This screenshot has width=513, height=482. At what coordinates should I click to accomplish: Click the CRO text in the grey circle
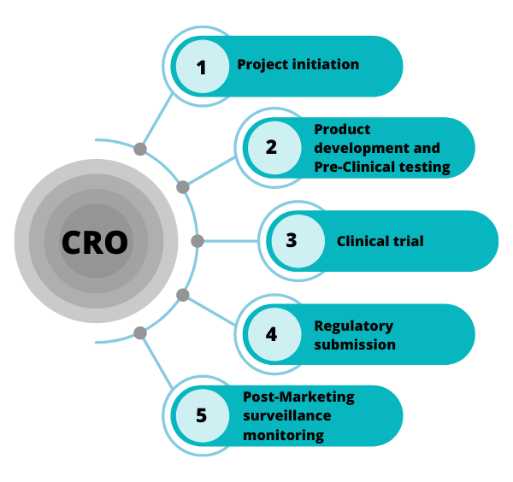[95, 243]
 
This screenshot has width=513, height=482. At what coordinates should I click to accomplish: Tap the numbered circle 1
[202, 66]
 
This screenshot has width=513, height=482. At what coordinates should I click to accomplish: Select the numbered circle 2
[271, 147]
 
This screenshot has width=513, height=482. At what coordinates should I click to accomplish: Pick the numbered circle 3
[292, 240]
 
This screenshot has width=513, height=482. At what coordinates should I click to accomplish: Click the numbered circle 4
[271, 333]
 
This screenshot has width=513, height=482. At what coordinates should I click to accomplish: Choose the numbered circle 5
[202, 415]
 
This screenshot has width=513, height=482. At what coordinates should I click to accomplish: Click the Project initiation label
[298, 64]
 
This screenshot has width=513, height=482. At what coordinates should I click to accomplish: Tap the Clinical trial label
[380, 241]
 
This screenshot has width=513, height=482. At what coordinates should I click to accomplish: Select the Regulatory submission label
[354, 334]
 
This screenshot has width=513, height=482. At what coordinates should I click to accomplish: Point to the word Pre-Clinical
[354, 167]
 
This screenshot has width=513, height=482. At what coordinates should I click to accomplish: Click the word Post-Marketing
[298, 397]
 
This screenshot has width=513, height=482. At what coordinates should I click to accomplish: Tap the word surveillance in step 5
[286, 415]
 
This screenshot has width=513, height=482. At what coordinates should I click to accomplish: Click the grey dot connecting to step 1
[140, 149]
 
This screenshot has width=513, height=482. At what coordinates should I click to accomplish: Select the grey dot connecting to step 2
[182, 186]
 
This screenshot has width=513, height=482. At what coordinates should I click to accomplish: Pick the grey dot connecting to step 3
[198, 241]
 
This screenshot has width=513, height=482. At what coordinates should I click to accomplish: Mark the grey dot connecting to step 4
[182, 295]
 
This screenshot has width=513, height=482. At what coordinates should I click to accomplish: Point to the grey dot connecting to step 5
[140, 332]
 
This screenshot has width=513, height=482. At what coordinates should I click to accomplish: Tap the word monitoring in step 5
[283, 435]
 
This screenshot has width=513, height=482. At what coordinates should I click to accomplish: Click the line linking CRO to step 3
[229, 241]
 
